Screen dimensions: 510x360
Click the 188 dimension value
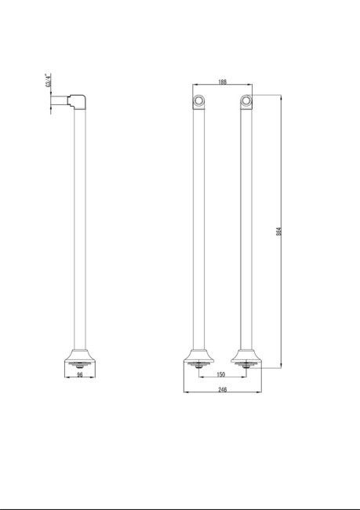223,82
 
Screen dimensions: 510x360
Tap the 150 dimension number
222,374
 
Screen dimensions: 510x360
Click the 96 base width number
80,374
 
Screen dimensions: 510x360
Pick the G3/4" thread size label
49,80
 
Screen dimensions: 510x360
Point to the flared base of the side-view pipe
80,354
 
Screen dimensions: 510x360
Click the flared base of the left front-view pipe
198,354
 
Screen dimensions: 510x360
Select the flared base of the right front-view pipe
246,354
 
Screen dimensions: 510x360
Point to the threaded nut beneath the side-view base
80,366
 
